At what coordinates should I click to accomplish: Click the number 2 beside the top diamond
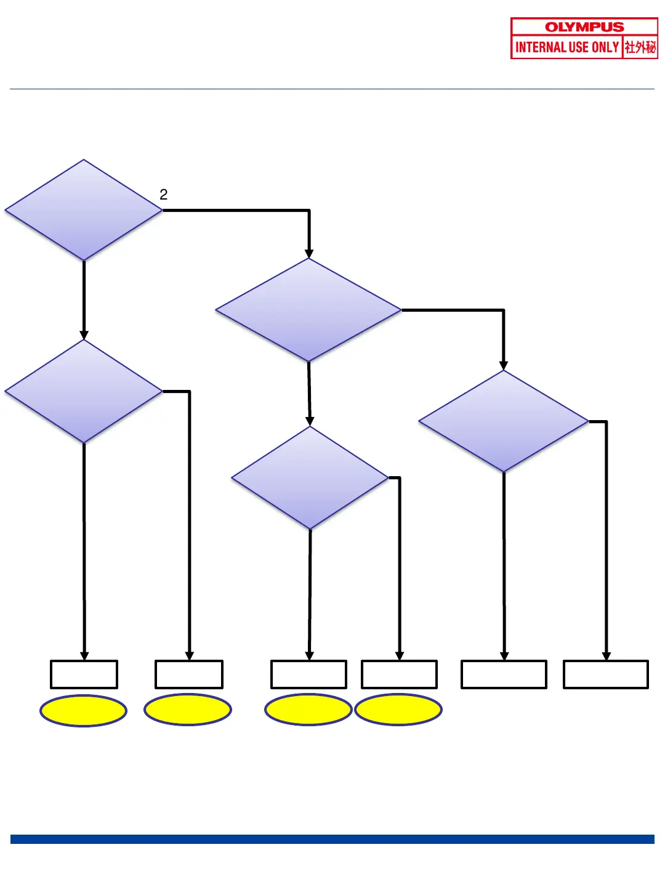pyautogui.click(x=164, y=195)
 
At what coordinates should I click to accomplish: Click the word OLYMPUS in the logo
pyautogui.click(x=584, y=27)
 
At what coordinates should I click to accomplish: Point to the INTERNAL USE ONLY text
pyautogui.click(x=566, y=47)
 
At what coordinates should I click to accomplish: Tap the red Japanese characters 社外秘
pyautogui.click(x=640, y=47)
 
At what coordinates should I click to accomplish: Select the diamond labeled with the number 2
pyautogui.click(x=84, y=210)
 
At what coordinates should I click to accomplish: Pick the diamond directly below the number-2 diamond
pyautogui.click(x=84, y=391)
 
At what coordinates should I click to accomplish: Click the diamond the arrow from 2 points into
pyautogui.click(x=308, y=310)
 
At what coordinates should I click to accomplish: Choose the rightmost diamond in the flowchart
pyautogui.click(x=504, y=421)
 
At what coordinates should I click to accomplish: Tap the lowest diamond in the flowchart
pyautogui.click(x=310, y=477)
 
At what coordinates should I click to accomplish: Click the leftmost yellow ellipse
pyautogui.click(x=83, y=710)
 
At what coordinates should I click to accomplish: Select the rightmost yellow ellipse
pyautogui.click(x=398, y=710)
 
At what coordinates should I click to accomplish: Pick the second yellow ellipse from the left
pyautogui.click(x=188, y=710)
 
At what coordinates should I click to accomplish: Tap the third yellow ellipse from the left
pyautogui.click(x=308, y=710)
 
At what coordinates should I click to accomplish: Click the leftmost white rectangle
pyautogui.click(x=84, y=674)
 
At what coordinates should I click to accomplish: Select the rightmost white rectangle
pyautogui.click(x=606, y=674)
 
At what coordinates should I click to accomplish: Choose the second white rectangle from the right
pyautogui.click(x=504, y=674)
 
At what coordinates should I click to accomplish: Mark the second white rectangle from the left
pyautogui.click(x=189, y=674)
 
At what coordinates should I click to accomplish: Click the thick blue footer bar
pyautogui.click(x=332, y=839)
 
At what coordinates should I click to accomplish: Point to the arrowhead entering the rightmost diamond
pyautogui.click(x=504, y=366)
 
